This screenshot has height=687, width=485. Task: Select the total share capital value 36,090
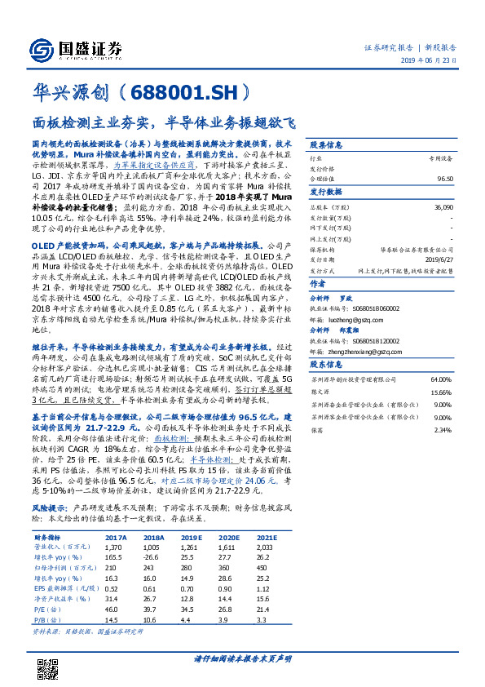tap(442, 208)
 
